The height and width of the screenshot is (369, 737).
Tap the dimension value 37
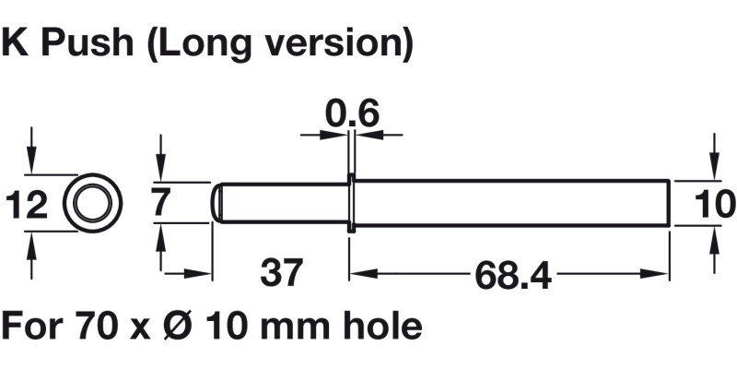(x=282, y=274)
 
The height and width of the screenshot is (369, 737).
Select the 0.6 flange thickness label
(x=352, y=114)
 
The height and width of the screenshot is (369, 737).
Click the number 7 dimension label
(x=161, y=202)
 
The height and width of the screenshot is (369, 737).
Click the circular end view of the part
(x=92, y=202)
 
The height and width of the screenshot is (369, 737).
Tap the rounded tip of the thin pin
(x=217, y=202)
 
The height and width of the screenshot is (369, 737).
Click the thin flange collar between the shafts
(x=351, y=202)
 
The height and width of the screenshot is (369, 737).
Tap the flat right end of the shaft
(x=667, y=202)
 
